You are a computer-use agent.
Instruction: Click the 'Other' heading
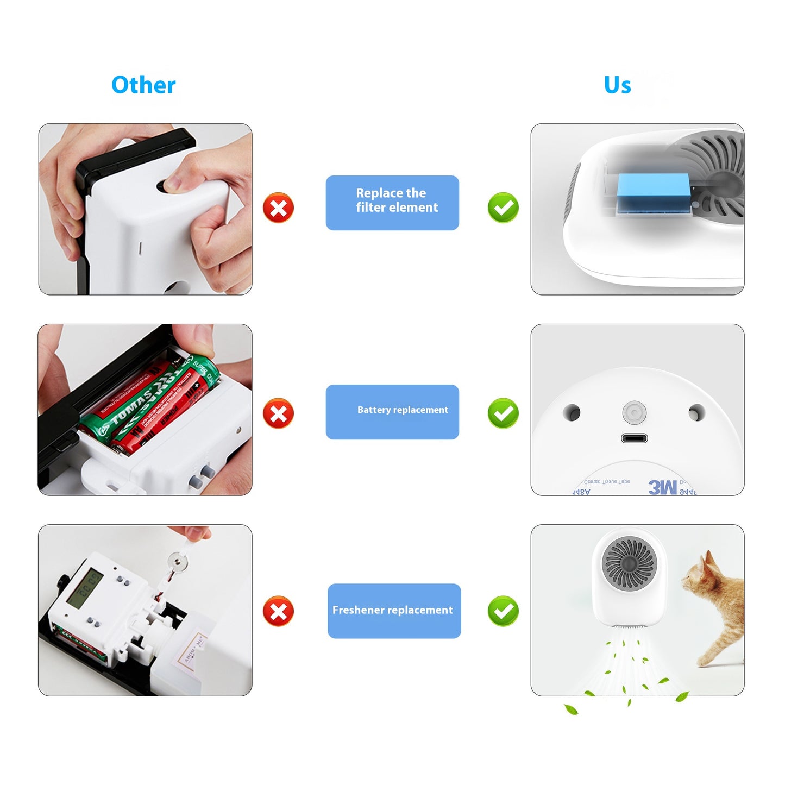pos(143,85)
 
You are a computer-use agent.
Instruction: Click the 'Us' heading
pos(617,85)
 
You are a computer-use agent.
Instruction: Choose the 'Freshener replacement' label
pos(394,611)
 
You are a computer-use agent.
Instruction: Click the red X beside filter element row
pos(278,208)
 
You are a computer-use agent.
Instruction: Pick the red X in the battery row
pos(278,413)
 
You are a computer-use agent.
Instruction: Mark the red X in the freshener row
pos(278,611)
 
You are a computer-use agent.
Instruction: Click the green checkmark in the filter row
pos(503,208)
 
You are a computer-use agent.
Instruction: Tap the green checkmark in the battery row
pos(503,413)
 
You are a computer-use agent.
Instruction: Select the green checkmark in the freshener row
pos(503,611)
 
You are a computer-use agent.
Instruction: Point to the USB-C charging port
pos(634,438)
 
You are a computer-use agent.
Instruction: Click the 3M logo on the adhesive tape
pos(662,487)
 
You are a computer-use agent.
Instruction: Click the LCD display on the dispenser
pos(84,588)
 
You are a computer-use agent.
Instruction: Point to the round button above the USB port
pos(634,413)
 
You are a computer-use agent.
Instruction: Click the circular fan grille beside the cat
pos(629,562)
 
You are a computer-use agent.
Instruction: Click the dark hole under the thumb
pos(163,186)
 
